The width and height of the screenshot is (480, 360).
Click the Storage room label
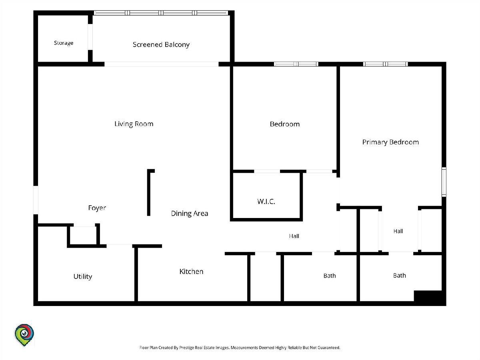(x=64, y=43)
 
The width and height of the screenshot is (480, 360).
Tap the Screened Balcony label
(x=161, y=44)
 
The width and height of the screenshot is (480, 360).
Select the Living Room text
(x=134, y=124)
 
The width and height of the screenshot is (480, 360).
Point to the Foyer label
(x=97, y=208)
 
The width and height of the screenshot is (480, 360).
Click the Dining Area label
(x=189, y=213)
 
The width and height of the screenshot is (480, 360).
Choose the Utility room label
(x=83, y=276)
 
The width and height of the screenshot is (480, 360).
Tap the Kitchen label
(x=191, y=272)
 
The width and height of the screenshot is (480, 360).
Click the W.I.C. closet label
(x=266, y=201)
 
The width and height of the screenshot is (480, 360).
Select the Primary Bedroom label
(x=390, y=142)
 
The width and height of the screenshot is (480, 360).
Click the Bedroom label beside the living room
(x=285, y=124)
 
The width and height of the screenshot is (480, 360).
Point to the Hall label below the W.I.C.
(x=294, y=236)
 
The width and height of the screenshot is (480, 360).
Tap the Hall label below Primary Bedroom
(x=398, y=231)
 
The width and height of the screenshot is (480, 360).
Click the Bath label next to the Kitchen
(x=330, y=276)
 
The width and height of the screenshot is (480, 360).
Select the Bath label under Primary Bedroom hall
(x=399, y=276)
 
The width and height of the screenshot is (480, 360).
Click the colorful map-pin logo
(x=24, y=335)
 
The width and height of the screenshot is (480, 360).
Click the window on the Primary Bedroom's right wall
(x=444, y=182)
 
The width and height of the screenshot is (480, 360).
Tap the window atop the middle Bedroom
(x=296, y=64)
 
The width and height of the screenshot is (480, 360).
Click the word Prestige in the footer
(x=186, y=348)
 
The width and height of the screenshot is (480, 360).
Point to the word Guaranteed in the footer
(x=329, y=348)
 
